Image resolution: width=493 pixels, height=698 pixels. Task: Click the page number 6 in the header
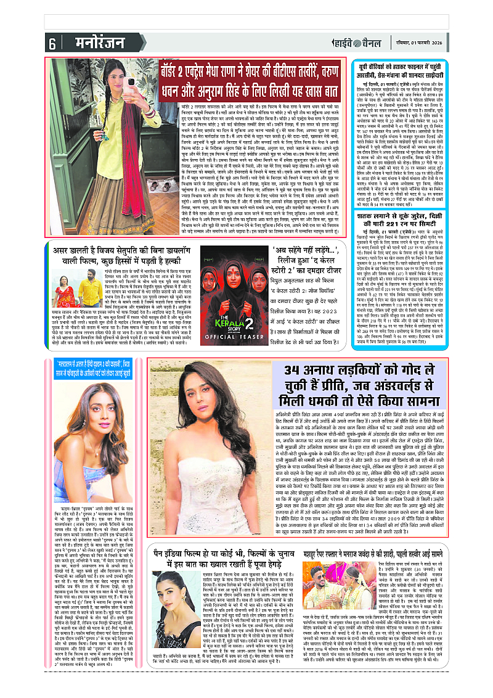pos(52,44)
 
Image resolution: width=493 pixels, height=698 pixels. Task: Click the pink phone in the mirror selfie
pos(130,82)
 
